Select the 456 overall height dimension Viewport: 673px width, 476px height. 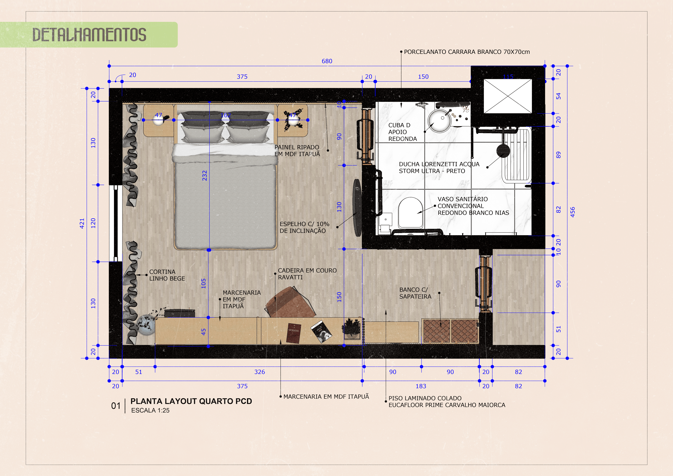click(x=572, y=212)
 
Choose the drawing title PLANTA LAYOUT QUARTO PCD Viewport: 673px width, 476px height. click(x=191, y=401)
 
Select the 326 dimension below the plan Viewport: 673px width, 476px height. click(x=259, y=372)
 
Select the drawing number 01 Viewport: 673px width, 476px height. click(x=116, y=406)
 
